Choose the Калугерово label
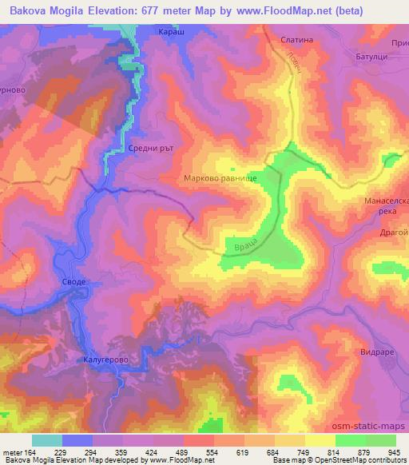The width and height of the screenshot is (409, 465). [x=105, y=361]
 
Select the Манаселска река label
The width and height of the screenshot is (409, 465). [x=386, y=206]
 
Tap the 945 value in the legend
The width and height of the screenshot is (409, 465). [x=394, y=451]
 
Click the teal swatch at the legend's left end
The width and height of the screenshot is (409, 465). [x=46, y=440]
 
